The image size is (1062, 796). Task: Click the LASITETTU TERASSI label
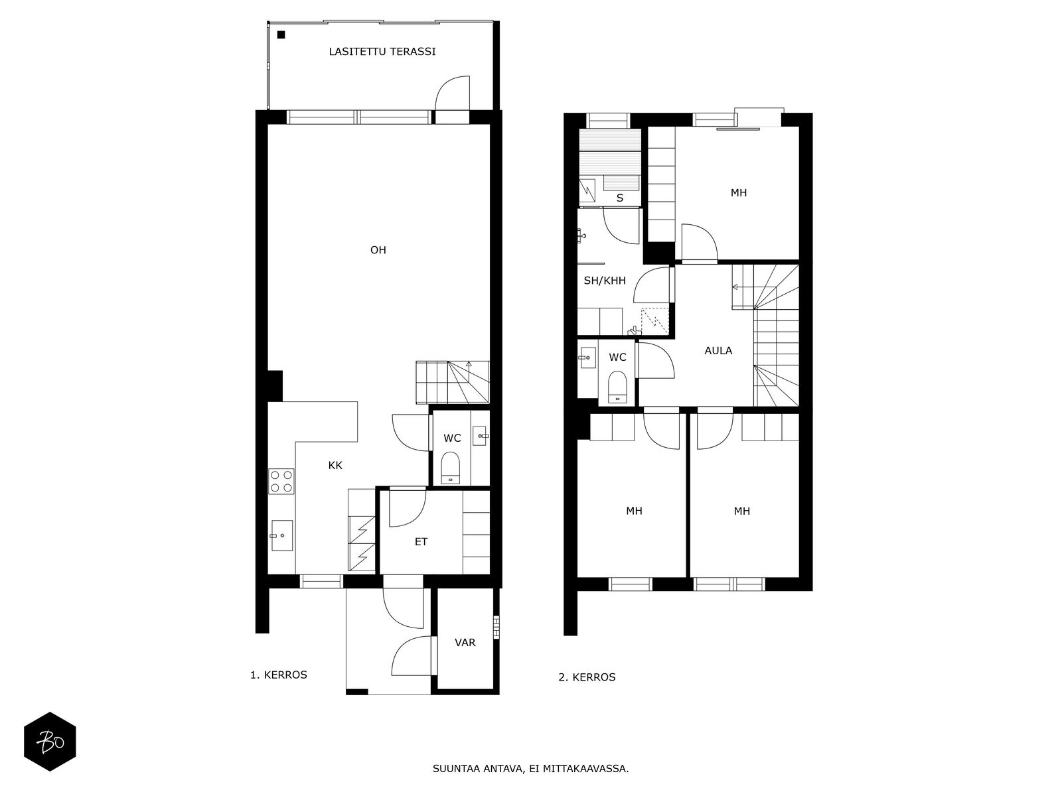pos(382,52)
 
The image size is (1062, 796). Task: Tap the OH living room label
pos(378,250)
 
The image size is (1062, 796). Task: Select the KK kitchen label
pos(335,466)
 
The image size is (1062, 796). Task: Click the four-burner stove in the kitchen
pos(281,481)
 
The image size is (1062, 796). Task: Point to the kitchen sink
pos(281,535)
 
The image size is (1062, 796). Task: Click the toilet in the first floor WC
pos(451,468)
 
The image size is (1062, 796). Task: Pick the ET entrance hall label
pos(421,542)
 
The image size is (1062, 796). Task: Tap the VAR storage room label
pos(465,642)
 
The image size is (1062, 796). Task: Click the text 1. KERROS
pos(279,675)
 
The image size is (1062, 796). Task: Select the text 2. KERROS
pos(587,677)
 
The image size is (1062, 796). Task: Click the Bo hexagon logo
pos(50,742)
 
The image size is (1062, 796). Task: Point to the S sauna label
pos(620,198)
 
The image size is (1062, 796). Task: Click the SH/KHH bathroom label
pos(605,281)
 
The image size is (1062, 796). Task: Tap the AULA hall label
pos(718,351)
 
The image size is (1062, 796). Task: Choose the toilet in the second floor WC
pos(617,387)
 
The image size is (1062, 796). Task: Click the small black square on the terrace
pos(281,34)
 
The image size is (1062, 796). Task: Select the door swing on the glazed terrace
pos(453,93)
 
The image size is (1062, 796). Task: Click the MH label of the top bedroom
pos(738,193)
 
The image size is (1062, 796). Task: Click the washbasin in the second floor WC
pos(587,358)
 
